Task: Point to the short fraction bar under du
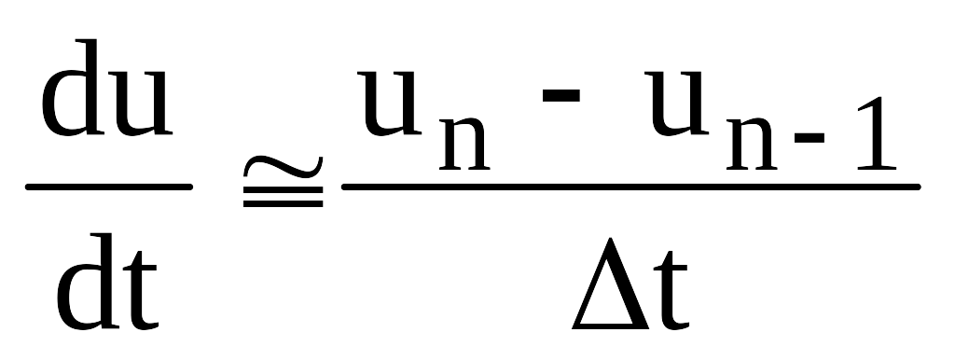(x=109, y=187)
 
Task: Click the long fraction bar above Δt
(x=631, y=187)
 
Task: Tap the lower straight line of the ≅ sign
(x=283, y=204)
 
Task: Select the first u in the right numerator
(x=389, y=103)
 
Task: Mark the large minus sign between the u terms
(x=561, y=94)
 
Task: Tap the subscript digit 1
(x=877, y=132)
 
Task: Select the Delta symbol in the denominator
(x=610, y=284)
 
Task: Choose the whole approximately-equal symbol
(x=283, y=182)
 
